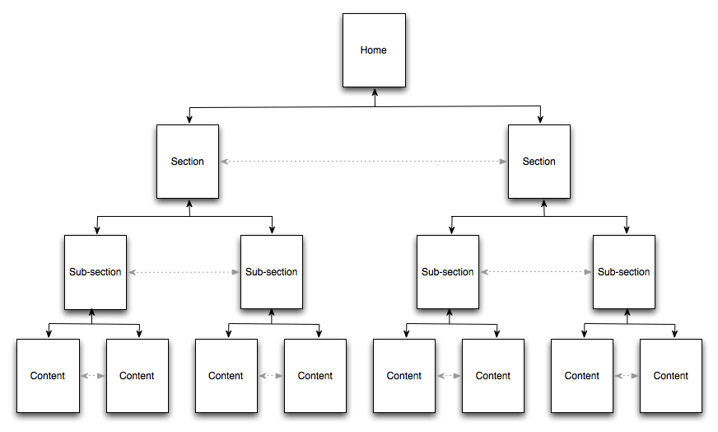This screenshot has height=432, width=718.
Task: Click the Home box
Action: [x=374, y=50]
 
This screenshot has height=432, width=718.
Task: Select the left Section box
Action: [x=188, y=162]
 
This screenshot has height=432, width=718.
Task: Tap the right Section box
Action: [x=539, y=162]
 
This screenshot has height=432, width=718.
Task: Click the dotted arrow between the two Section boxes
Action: [x=363, y=162]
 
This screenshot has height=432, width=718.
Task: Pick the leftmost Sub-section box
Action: [x=96, y=272]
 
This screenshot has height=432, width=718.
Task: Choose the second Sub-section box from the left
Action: [x=272, y=272]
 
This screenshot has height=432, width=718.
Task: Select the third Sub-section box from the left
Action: [x=448, y=272]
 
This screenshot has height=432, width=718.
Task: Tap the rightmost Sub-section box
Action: [x=624, y=272]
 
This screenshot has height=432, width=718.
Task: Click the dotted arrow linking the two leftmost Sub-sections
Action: [x=184, y=272]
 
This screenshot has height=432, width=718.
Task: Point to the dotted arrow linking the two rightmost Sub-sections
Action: [x=536, y=272]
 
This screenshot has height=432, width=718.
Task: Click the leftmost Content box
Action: [x=48, y=376]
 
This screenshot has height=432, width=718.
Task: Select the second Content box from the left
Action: [x=137, y=376]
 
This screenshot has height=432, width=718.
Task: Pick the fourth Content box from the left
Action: [x=315, y=376]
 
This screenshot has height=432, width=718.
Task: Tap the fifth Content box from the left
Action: [x=404, y=376]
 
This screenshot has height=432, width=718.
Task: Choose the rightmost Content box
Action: [x=671, y=376]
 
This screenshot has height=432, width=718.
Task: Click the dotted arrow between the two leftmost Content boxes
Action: [x=92, y=376]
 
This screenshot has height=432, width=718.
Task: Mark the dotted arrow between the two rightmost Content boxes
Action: [x=627, y=376]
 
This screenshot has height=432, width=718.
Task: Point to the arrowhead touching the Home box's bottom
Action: [x=375, y=92]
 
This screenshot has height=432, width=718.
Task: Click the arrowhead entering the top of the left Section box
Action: [x=190, y=120]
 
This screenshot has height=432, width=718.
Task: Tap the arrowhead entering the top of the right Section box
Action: [x=541, y=120]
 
